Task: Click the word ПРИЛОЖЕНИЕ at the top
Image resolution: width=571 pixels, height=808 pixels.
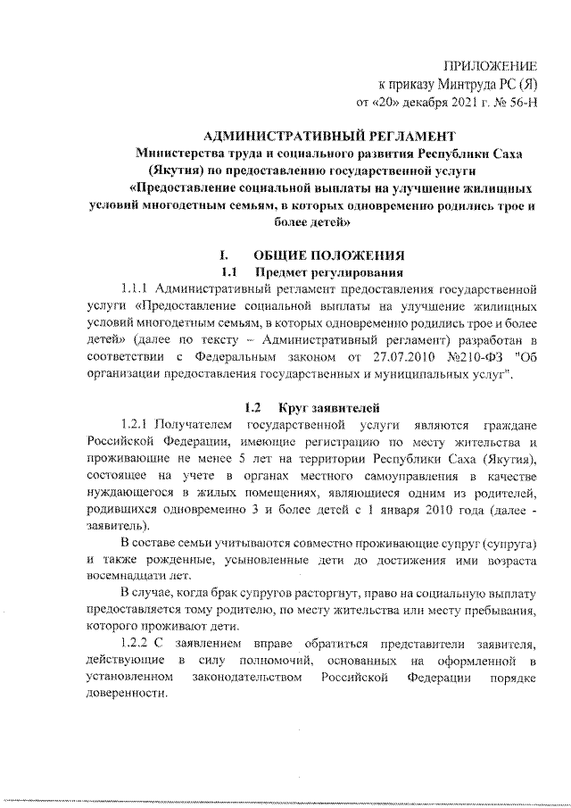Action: pos(493,66)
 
